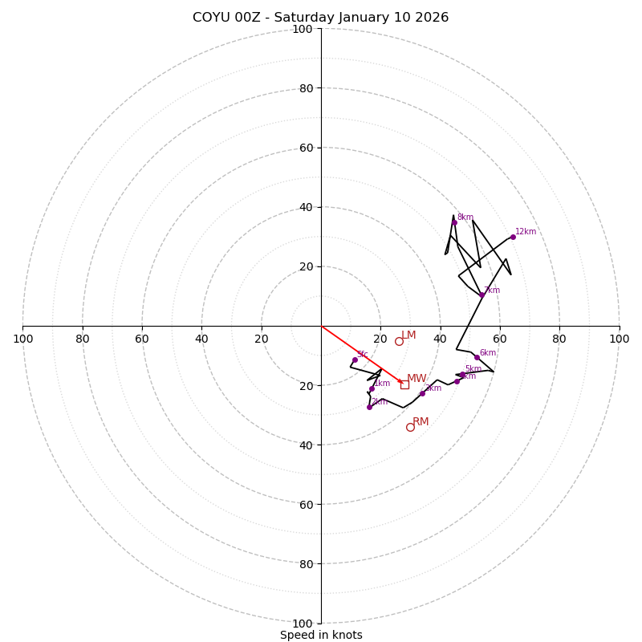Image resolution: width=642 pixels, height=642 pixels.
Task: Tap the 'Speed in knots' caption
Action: [321, 636]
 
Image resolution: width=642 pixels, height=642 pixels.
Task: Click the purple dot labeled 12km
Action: [513, 237]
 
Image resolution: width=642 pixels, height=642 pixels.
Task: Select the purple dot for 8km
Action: [454, 222]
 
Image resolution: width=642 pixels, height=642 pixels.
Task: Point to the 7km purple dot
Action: [481, 295]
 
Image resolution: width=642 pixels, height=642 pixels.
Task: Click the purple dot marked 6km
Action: [477, 357]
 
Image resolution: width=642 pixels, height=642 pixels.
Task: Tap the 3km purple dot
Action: [422, 393]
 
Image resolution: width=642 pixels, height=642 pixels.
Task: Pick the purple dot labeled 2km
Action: [369, 407]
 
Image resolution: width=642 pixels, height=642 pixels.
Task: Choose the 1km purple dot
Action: [372, 388]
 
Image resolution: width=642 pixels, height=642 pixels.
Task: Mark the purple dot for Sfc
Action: [355, 360]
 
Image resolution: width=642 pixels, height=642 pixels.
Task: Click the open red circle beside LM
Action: [399, 341]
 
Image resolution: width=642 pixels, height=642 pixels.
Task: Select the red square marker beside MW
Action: [404, 384]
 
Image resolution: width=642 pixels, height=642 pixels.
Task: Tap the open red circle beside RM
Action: [410, 427]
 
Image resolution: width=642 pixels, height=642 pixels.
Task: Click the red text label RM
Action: [421, 421]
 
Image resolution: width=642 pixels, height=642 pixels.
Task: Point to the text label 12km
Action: [526, 232]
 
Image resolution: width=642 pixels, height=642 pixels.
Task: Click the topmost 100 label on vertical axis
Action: [303, 29]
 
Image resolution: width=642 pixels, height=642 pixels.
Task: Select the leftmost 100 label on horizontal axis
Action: [22, 339]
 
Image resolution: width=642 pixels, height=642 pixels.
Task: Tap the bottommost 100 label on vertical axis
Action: [303, 624]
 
